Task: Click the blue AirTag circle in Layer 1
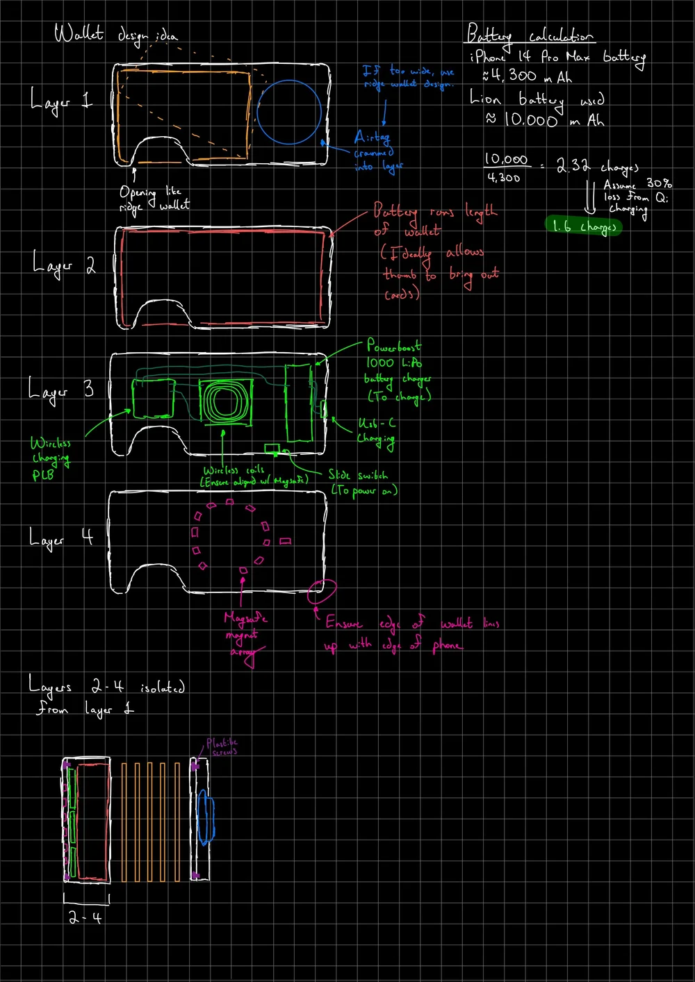point(289,112)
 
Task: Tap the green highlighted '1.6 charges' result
point(584,226)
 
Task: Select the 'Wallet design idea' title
point(115,34)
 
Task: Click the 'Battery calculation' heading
point(530,35)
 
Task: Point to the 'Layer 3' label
point(61,390)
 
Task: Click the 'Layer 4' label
point(61,538)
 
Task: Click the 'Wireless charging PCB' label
point(49,458)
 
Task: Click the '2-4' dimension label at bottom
point(86,917)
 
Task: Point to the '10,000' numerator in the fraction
point(506,160)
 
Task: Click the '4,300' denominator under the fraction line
point(504,178)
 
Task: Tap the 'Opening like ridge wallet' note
point(154,198)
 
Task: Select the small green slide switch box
point(271,448)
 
